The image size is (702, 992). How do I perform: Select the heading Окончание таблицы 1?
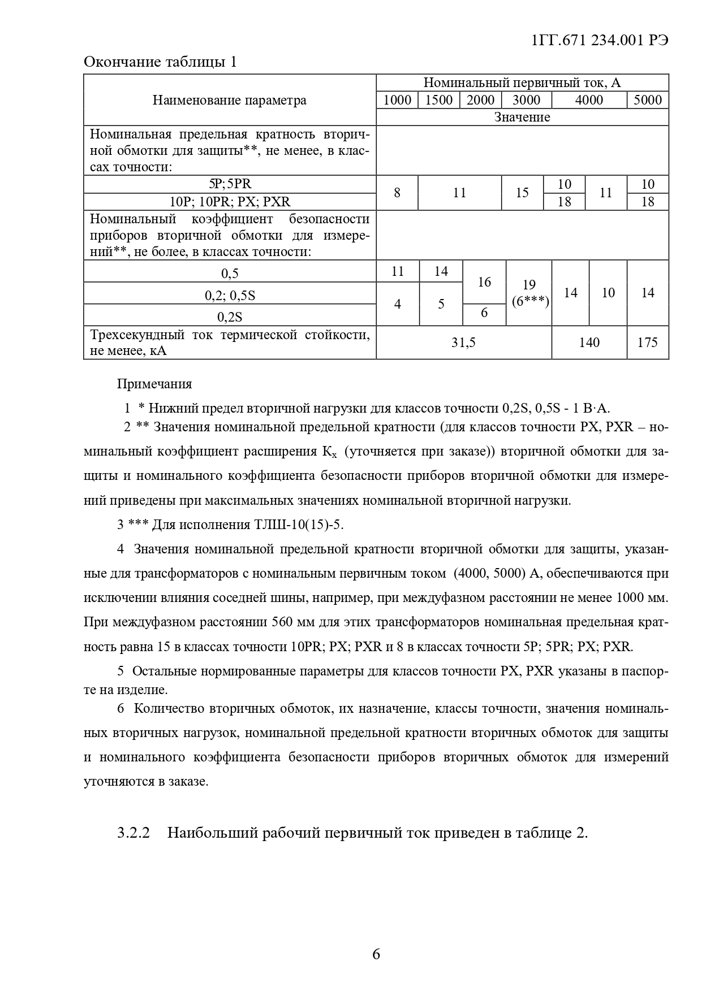click(x=160, y=62)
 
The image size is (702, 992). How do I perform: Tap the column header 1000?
click(x=397, y=100)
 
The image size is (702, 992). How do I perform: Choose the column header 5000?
click(x=648, y=100)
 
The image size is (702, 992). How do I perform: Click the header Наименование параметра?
click(x=229, y=101)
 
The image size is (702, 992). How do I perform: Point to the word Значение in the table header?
click(x=522, y=117)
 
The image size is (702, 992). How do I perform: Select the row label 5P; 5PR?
click(x=230, y=184)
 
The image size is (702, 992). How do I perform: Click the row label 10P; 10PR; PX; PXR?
click(x=230, y=202)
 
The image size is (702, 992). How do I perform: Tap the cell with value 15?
click(x=522, y=193)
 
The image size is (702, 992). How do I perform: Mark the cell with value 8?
click(x=397, y=193)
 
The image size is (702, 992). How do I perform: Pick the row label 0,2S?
click(x=230, y=316)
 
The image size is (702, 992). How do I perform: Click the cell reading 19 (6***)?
click(x=529, y=293)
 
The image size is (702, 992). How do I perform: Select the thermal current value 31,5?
click(x=463, y=343)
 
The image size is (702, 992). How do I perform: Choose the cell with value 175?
click(x=648, y=343)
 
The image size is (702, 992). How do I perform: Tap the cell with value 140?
click(x=589, y=343)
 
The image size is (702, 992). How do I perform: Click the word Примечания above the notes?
click(x=154, y=384)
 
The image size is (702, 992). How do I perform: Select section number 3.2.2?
click(x=133, y=833)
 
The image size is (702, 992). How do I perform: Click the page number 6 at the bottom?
click(x=376, y=955)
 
